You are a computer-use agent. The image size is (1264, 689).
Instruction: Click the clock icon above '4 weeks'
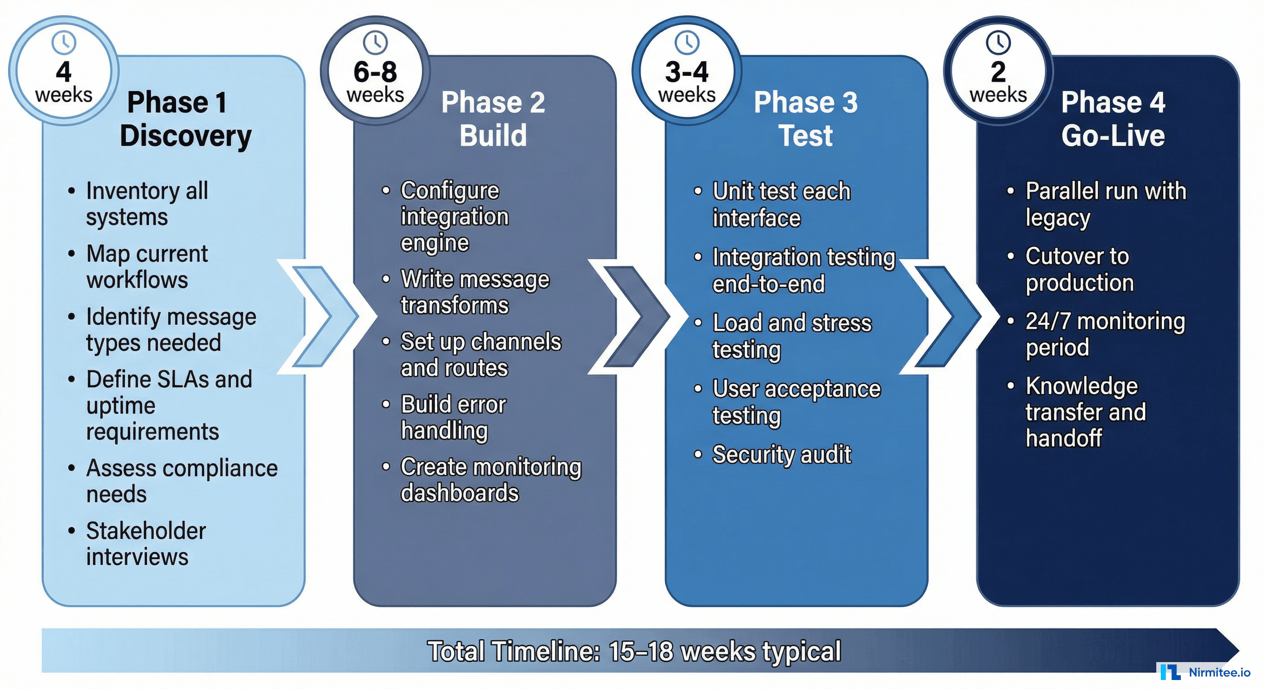point(64,43)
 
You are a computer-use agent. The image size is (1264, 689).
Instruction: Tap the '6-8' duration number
point(375,72)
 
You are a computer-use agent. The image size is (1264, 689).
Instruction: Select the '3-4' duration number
point(686,72)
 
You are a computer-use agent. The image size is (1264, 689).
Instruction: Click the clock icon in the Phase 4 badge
point(998,43)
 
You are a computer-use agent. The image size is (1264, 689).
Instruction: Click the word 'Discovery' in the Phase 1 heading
point(185,136)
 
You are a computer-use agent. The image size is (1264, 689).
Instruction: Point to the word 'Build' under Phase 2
point(493,136)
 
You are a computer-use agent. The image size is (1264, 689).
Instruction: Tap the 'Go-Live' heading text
point(1113,136)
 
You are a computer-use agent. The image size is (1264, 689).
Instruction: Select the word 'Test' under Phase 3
point(805,136)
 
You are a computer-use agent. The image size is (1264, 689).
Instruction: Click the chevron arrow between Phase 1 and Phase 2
point(324,316)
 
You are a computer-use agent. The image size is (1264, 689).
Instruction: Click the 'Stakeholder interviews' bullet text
point(146,543)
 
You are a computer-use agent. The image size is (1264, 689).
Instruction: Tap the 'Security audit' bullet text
point(781,454)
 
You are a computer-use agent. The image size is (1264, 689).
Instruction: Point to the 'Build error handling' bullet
point(452,417)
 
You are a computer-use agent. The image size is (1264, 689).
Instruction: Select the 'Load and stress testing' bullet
point(791,336)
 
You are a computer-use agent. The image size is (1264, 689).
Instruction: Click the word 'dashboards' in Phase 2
point(459,493)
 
